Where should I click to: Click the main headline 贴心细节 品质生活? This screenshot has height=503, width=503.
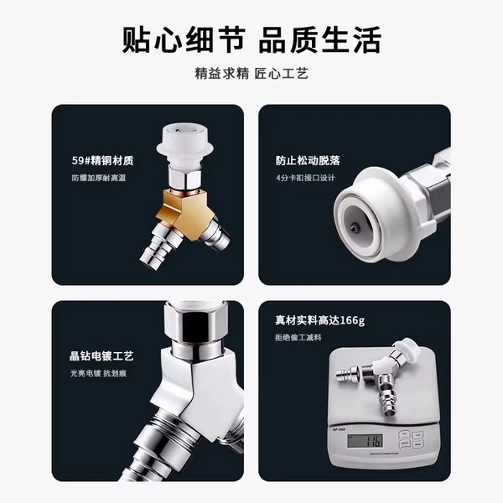251,39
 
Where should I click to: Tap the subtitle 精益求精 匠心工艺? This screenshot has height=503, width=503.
251,74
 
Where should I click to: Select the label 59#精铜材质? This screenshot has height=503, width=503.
102,160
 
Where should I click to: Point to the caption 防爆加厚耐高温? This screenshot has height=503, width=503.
98,178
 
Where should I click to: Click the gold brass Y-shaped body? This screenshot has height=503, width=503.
186,213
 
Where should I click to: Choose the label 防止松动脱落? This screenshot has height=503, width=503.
308,160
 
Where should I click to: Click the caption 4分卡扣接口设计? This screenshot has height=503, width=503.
305,178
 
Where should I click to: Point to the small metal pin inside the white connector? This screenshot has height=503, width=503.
354,228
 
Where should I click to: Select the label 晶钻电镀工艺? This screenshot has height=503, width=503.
101,356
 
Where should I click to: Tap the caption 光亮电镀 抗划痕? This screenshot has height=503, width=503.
98,373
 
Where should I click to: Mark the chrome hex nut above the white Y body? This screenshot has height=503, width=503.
196,324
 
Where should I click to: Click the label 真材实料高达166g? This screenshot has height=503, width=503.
320,320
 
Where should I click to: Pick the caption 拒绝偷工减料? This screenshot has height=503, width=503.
298,338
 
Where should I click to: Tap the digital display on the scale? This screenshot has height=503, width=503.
365,441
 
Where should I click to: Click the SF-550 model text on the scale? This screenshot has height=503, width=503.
339,429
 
